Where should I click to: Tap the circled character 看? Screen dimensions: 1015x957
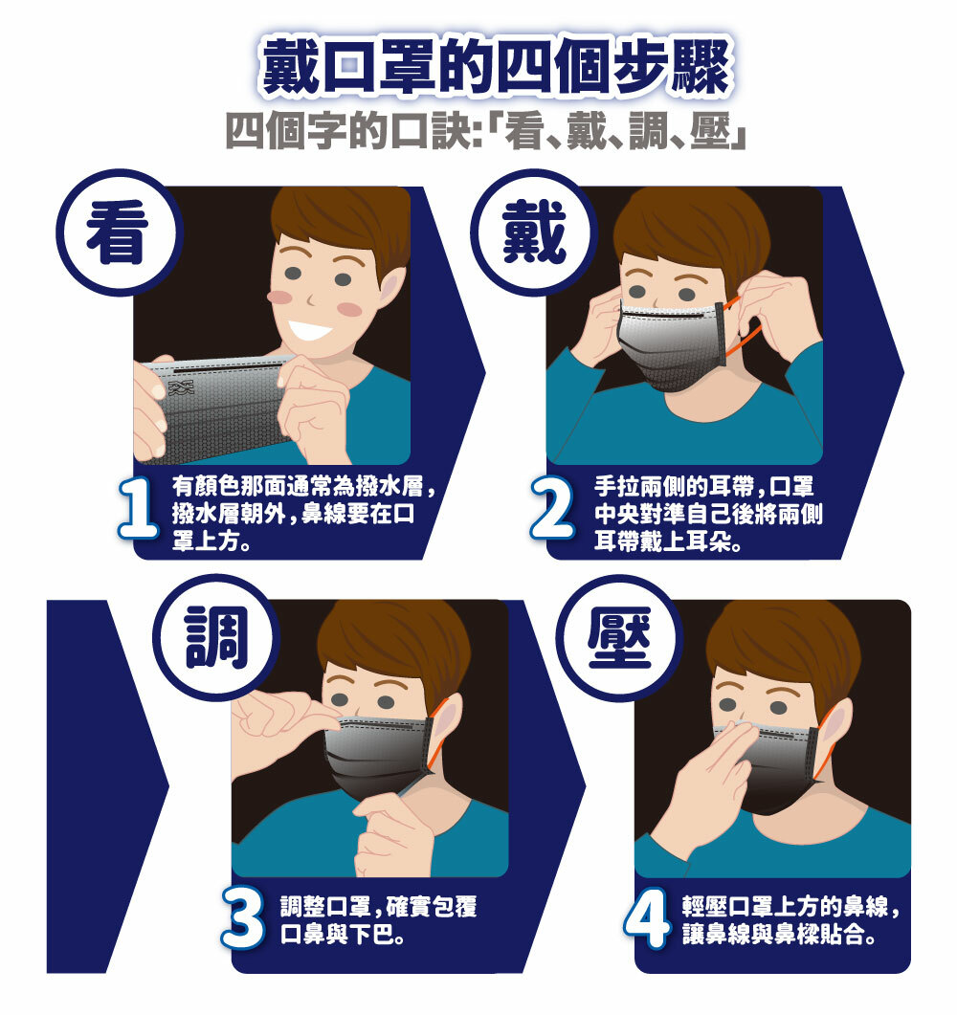tap(118, 233)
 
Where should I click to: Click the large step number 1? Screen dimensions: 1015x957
tap(141, 512)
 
